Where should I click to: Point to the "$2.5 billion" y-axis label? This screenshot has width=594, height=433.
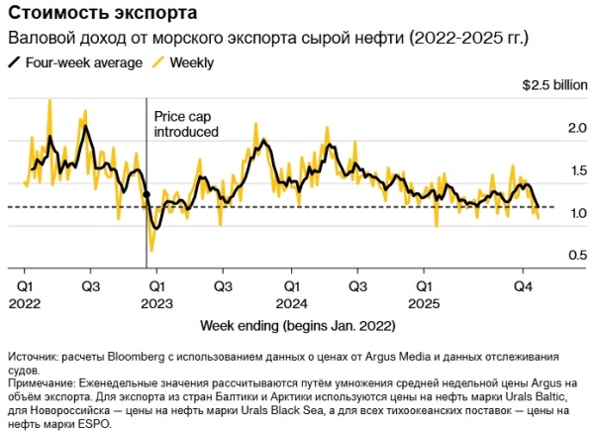coord(554,86)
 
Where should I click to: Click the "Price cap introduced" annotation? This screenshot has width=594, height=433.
coord(186,123)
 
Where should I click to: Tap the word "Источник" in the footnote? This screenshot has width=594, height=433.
coord(36,356)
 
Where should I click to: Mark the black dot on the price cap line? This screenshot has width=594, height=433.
coord(147,194)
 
